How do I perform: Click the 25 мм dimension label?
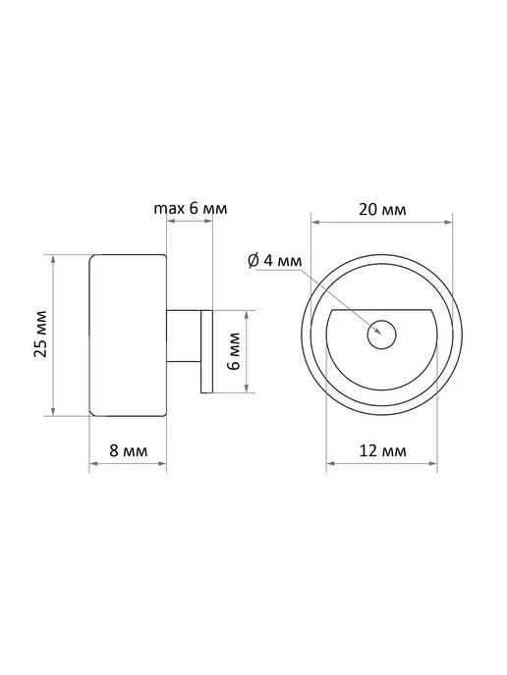pyautogui.click(x=40, y=334)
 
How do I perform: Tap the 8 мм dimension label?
pyautogui.click(x=129, y=450)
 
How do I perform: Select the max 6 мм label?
pyautogui.click(x=191, y=208)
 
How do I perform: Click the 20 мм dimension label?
pyautogui.click(x=382, y=209)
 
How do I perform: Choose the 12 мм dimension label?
pyautogui.click(x=383, y=450)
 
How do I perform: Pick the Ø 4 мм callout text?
pyautogui.click(x=275, y=260)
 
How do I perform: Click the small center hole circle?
pyautogui.click(x=382, y=335)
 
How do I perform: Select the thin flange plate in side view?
pyautogui.click(x=206, y=351)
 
